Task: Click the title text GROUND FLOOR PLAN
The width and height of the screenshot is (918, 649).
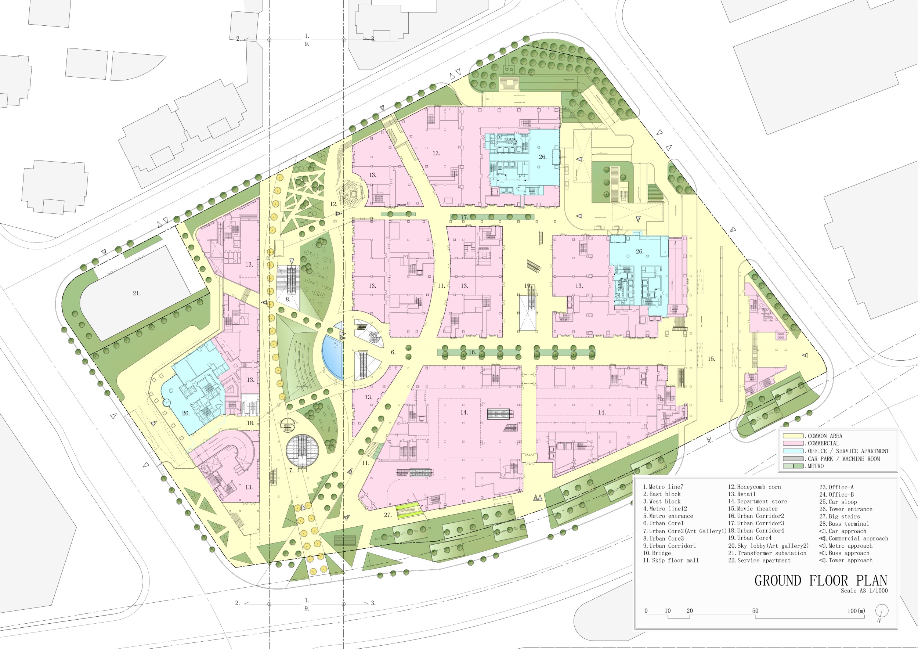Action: (x=821, y=580)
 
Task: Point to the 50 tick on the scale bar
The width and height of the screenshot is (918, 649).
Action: (x=755, y=610)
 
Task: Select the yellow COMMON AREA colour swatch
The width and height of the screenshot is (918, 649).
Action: (x=793, y=436)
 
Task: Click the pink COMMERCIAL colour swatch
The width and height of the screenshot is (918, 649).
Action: (x=793, y=443)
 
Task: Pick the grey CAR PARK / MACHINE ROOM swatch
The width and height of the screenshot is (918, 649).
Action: (x=793, y=459)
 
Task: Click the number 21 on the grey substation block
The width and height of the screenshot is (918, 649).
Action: (x=136, y=293)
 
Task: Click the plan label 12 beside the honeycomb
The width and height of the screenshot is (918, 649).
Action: (x=333, y=204)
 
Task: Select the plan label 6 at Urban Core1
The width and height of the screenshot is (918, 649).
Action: (x=393, y=352)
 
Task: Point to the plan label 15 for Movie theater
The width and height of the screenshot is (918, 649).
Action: (x=711, y=359)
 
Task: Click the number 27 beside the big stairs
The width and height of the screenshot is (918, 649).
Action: (x=387, y=515)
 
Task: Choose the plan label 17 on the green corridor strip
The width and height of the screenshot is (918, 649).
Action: (x=464, y=217)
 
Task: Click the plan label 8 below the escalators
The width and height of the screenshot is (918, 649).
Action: (x=288, y=299)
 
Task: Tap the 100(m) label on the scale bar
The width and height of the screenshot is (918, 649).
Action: (x=856, y=610)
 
